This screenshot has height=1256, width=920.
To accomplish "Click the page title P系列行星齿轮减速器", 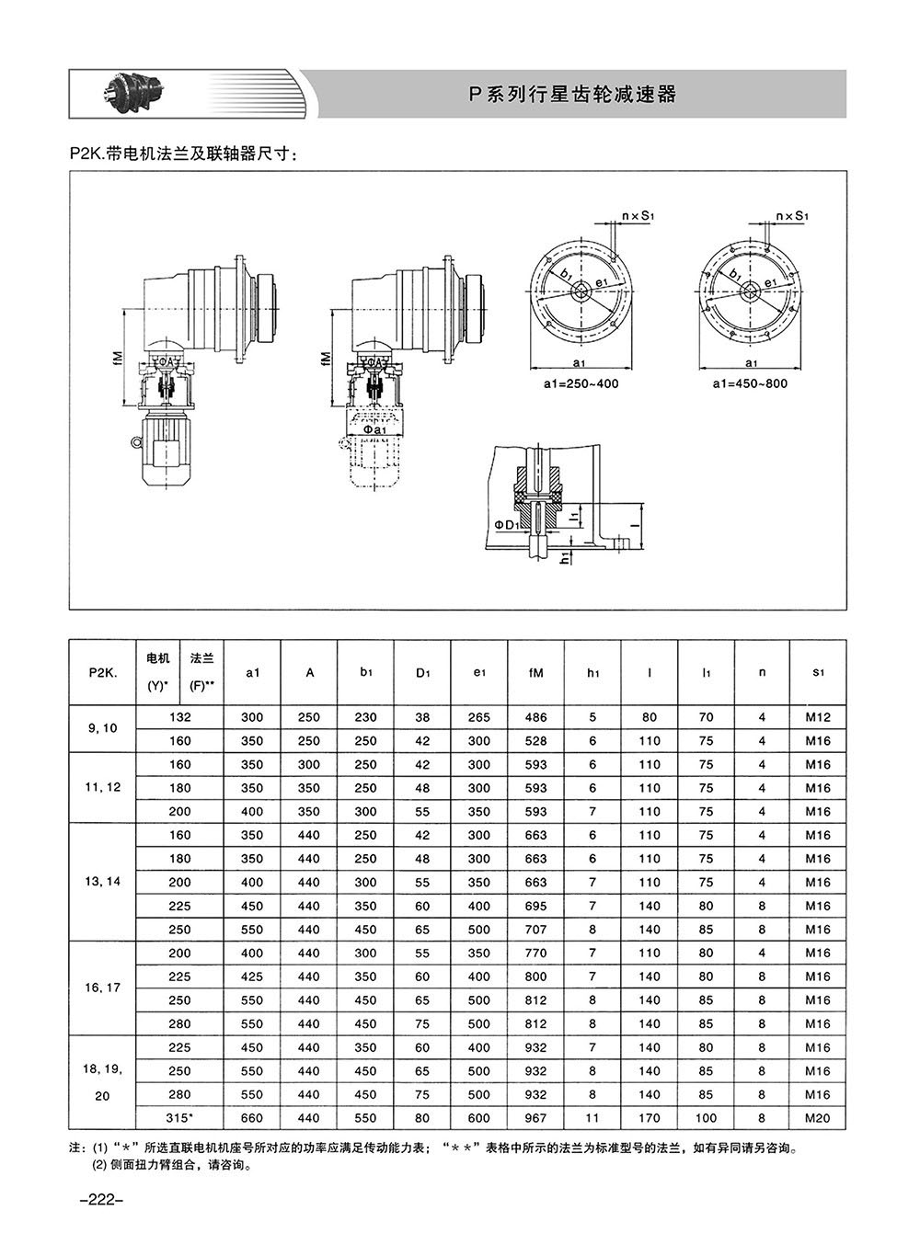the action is click(572, 94).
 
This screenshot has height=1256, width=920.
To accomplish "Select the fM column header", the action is click(535, 672).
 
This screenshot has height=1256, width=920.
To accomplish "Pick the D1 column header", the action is click(422, 672).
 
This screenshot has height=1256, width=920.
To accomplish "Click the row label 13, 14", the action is click(103, 882).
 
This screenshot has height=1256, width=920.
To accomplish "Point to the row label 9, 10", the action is click(103, 728).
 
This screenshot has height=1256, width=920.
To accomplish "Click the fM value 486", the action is click(535, 717).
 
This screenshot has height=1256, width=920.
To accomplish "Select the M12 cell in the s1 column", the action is click(818, 717).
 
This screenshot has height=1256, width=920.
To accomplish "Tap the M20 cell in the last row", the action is click(818, 1118).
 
